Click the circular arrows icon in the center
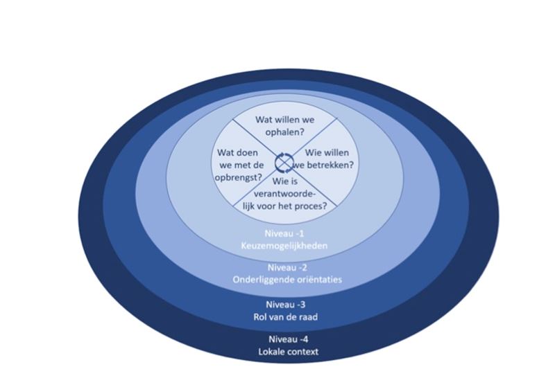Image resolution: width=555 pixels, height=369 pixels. click(284, 162)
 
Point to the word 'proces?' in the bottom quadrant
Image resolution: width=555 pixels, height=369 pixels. click(309, 206)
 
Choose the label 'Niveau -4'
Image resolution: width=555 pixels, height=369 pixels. click(286, 340)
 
